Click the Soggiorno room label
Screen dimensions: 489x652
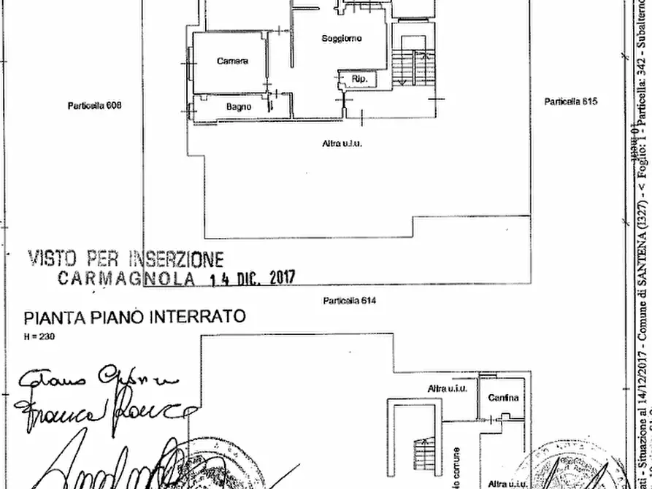[x=342, y=39]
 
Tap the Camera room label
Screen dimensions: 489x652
[x=232, y=61]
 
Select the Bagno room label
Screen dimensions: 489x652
[x=239, y=107]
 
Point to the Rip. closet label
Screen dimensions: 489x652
[x=359, y=79]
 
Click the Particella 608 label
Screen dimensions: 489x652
[x=95, y=105]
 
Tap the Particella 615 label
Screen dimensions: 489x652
[x=570, y=101]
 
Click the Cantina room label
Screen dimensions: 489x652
[x=504, y=398]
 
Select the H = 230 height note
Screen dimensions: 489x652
[x=39, y=336]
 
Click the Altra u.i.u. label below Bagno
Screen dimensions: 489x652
[x=342, y=144]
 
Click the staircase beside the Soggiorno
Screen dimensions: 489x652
[x=415, y=66]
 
